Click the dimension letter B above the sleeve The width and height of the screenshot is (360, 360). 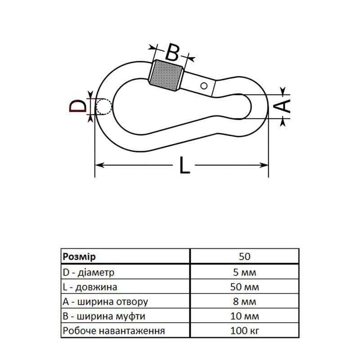click(172, 52)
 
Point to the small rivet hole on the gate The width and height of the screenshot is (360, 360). click(204, 85)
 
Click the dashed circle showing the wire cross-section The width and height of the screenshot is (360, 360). click(103, 107)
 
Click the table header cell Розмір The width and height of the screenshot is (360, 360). click(79, 256)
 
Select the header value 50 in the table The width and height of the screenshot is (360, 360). click(245, 256)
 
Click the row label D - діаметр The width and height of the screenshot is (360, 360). click(89, 272)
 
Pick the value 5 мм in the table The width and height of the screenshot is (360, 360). click(245, 272)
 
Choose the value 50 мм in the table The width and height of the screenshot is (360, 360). click(245, 287)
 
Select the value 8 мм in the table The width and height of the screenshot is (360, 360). click(245, 301)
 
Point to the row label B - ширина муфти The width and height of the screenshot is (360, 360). click(104, 316)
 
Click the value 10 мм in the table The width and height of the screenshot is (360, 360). click(245, 316)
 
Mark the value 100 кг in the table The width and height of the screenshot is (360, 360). click(245, 331)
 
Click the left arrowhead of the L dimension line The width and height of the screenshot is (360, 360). click(99, 166)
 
